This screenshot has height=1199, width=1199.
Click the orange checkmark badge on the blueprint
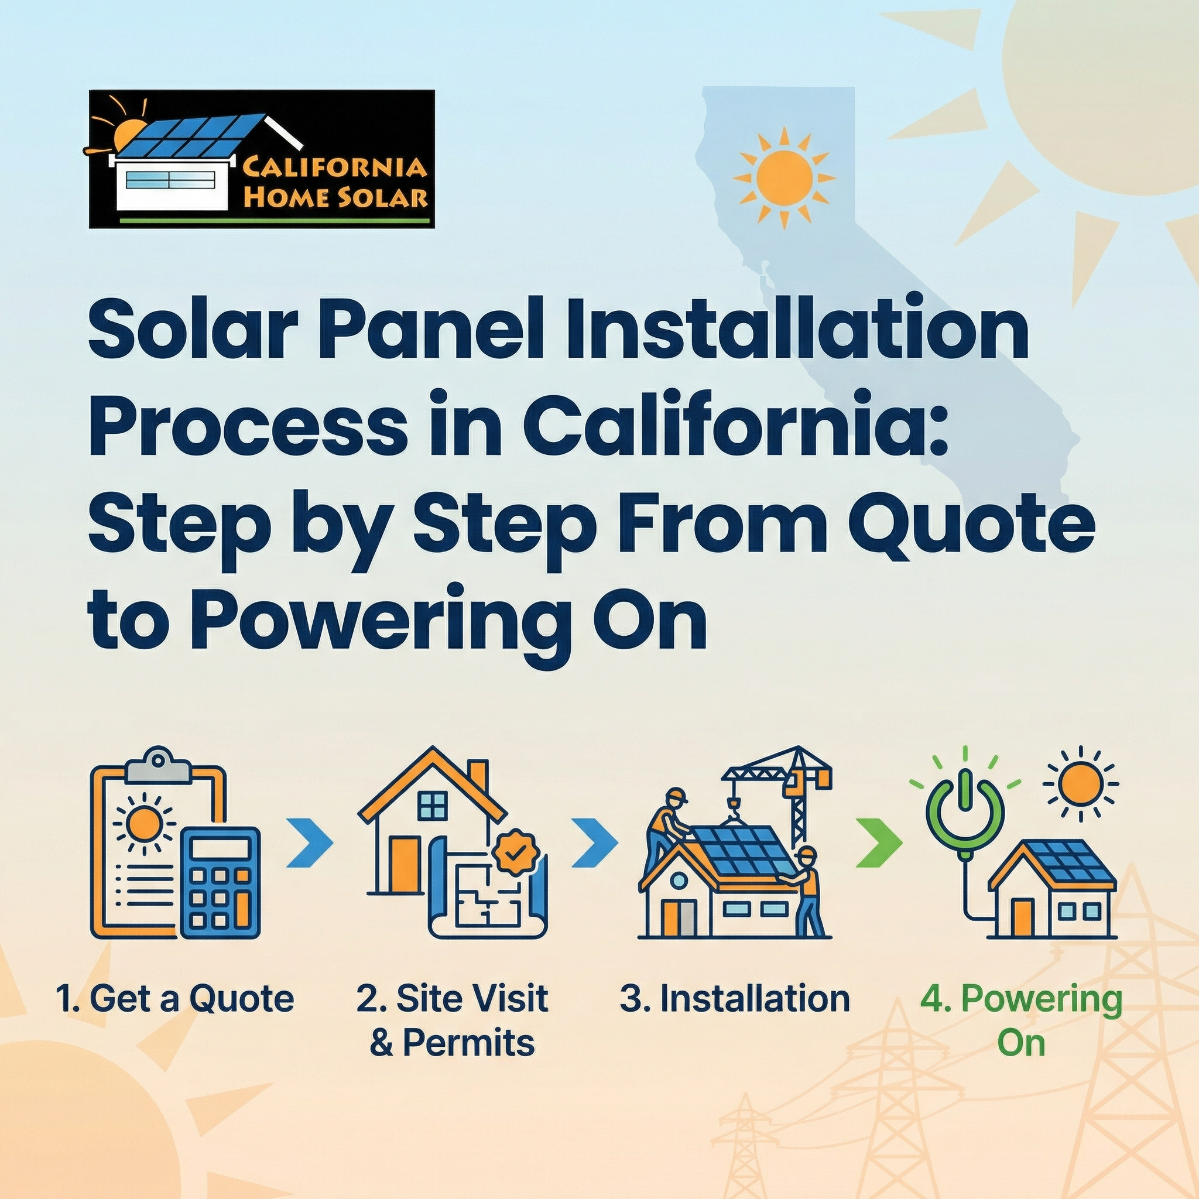[x=515, y=854]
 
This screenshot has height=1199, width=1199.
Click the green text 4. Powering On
[x=1021, y=1020]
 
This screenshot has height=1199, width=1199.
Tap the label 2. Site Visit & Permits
[x=453, y=1020]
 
